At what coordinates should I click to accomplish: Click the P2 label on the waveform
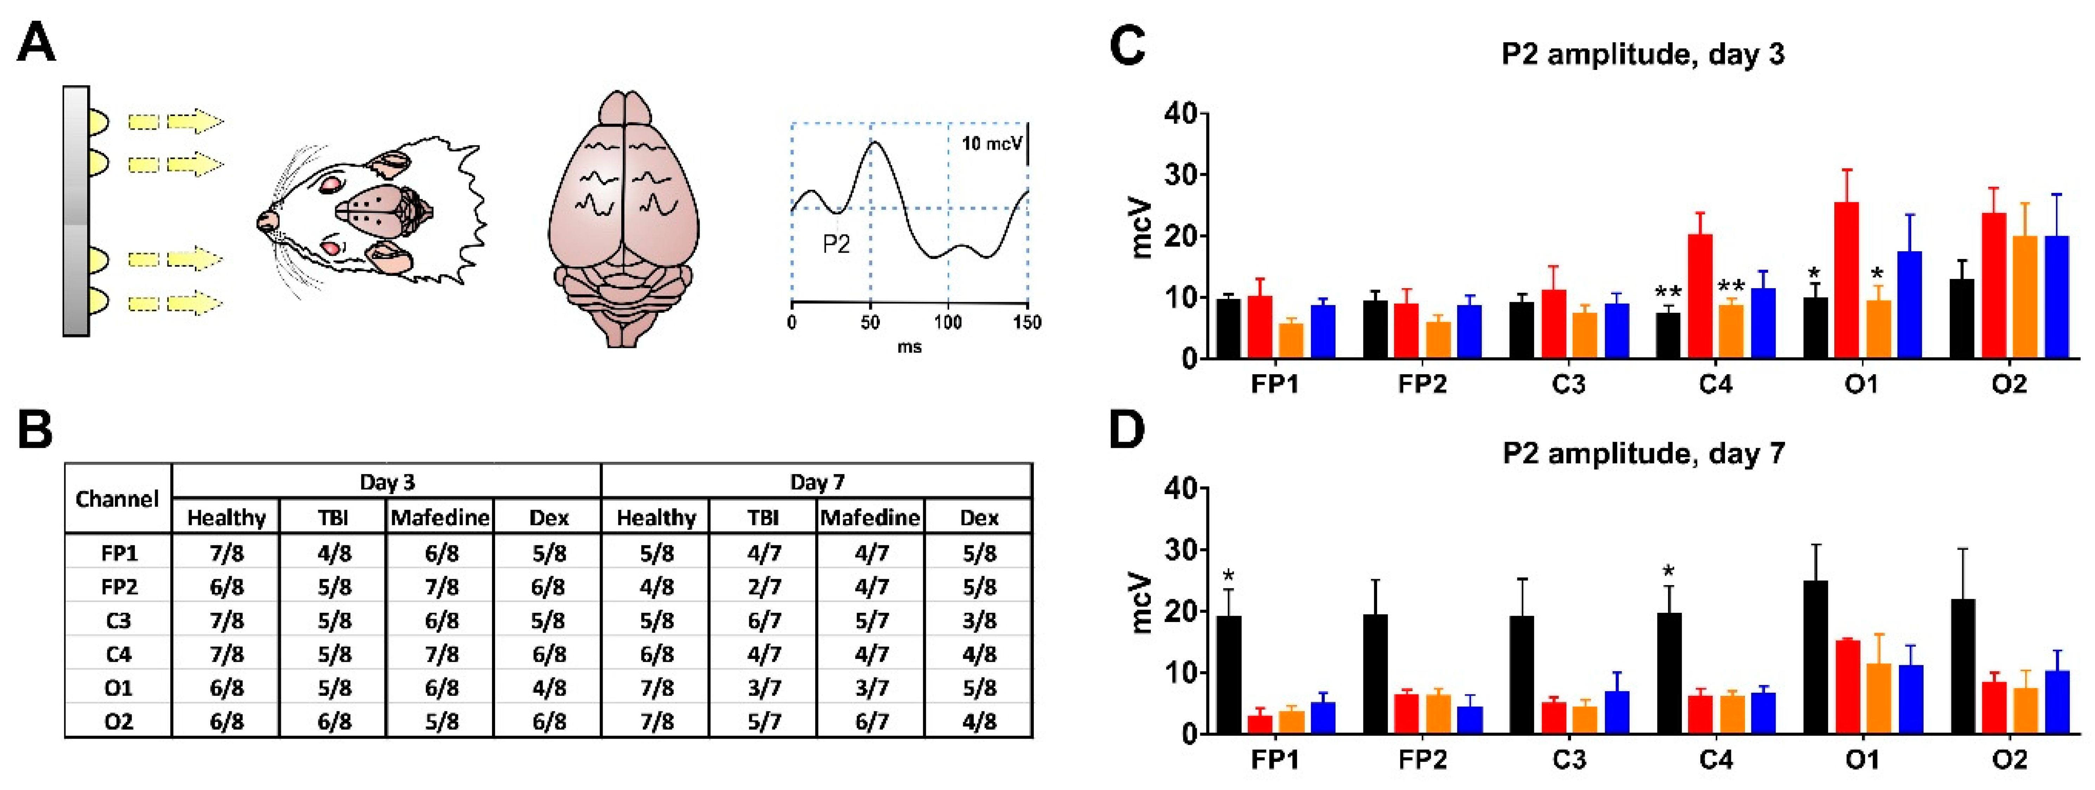click(836, 243)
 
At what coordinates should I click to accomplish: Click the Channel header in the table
click(117, 499)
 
